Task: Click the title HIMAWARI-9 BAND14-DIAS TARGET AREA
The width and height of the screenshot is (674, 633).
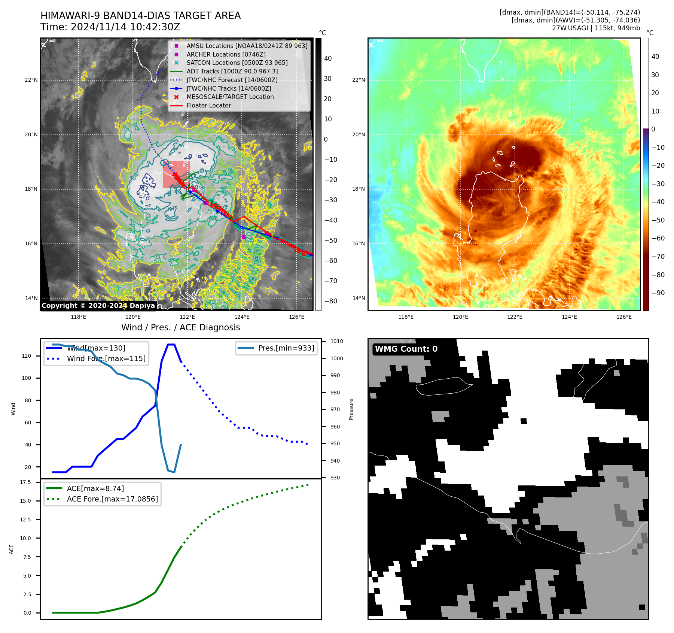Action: click(x=140, y=16)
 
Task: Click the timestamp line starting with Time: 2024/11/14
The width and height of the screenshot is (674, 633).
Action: click(x=110, y=27)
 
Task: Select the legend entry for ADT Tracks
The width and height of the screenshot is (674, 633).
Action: click(x=232, y=71)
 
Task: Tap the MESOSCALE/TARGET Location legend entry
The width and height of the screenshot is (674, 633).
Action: click(x=230, y=97)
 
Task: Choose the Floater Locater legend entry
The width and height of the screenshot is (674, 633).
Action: click(x=208, y=105)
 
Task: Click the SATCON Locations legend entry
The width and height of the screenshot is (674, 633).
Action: click(x=237, y=63)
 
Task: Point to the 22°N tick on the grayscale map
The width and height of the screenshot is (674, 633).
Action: click(x=31, y=80)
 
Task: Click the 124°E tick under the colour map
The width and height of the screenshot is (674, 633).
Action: click(x=569, y=317)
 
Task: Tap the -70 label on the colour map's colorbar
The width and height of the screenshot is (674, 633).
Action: click(x=658, y=257)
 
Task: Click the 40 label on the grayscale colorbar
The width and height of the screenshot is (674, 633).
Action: click(x=328, y=58)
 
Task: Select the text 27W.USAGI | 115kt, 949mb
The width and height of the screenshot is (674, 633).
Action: click(x=596, y=28)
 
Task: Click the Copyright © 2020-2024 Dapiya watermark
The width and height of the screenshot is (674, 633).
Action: click(x=98, y=306)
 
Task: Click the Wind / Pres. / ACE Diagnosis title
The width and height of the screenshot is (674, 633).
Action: click(x=180, y=327)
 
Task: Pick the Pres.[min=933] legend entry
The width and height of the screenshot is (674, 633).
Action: click(x=286, y=348)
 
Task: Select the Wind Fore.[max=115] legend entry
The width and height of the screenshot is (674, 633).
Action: click(x=106, y=358)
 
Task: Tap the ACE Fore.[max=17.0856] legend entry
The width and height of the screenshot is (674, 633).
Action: click(x=112, y=499)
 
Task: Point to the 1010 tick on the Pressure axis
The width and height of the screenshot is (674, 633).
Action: click(x=336, y=341)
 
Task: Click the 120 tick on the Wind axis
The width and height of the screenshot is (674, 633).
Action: click(x=27, y=356)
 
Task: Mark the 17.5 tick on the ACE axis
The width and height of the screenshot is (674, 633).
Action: click(x=25, y=482)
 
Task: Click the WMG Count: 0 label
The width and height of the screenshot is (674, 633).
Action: click(x=406, y=349)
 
